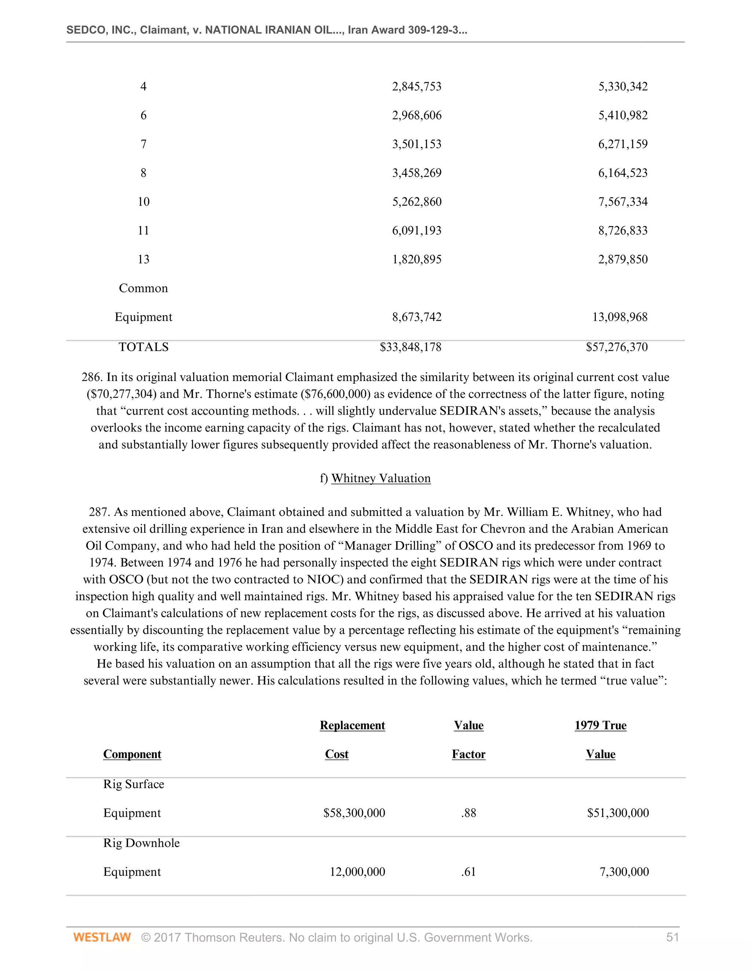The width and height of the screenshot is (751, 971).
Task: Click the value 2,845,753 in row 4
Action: (417, 86)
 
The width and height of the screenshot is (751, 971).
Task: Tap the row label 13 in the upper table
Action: (143, 259)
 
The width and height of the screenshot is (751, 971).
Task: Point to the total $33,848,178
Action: (410, 347)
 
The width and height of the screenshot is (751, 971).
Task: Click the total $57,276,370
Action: (617, 347)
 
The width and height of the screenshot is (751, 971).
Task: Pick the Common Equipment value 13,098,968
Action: (620, 317)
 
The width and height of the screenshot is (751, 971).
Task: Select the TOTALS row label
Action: (143, 347)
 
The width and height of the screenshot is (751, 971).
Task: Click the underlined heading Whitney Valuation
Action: (381, 479)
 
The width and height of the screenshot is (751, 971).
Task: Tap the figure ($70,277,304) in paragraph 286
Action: (121, 394)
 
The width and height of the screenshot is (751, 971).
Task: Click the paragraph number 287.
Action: (99, 512)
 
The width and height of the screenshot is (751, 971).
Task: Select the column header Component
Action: (132, 754)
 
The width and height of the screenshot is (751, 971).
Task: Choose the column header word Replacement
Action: (352, 725)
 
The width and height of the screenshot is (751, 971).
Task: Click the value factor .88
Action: (469, 813)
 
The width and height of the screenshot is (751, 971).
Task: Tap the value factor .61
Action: (469, 871)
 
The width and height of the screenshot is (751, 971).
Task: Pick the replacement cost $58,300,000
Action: (354, 813)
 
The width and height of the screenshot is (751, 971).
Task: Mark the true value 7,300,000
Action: (624, 871)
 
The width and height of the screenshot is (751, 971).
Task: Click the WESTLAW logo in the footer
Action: (102, 937)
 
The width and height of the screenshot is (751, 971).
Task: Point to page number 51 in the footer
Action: (672, 937)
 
